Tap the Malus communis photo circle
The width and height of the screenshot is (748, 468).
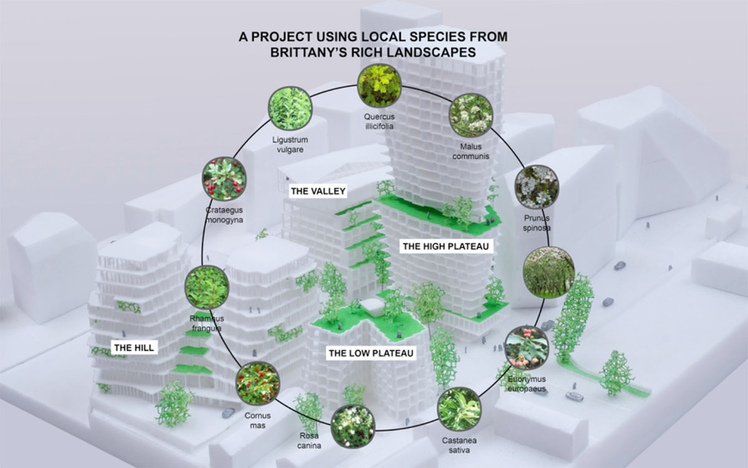(471, 115)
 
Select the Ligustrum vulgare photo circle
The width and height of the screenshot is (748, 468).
(289, 108)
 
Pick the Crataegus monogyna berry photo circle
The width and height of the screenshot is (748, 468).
(224, 179)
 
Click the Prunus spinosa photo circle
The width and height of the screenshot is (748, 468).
(537, 186)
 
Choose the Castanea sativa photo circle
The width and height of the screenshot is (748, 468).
(459, 409)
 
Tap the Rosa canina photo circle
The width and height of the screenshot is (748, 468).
(353, 426)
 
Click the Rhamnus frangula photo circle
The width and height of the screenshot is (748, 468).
(207, 287)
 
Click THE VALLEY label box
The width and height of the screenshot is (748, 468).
(318, 191)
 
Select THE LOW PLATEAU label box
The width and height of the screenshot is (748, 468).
(371, 353)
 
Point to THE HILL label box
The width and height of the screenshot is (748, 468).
(133, 346)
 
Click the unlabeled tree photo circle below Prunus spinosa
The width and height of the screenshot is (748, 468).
(549, 271)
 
